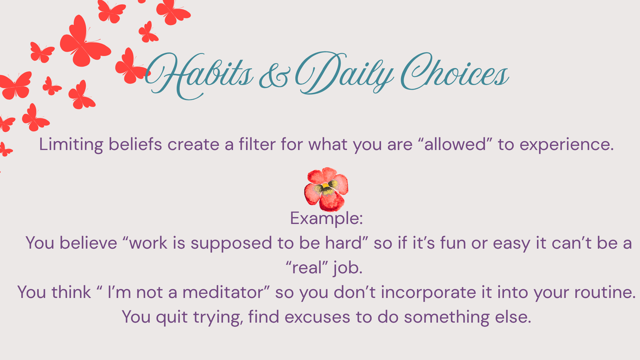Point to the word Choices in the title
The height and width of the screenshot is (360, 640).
coord(455,71)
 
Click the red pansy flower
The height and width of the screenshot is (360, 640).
coord(326,189)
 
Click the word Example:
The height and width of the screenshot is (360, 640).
coord(326,218)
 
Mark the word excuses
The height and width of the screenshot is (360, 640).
coord(317,318)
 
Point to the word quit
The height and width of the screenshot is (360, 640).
coord(172,318)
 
